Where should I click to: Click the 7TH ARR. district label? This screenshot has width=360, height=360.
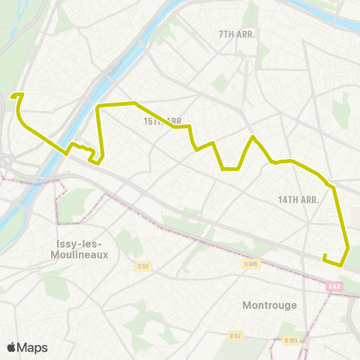pos(237,34)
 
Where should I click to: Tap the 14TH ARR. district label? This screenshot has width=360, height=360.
pos(298,199)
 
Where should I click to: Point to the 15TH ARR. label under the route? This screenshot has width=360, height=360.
pos(163,121)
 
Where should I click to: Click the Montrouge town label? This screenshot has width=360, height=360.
pos(270,305)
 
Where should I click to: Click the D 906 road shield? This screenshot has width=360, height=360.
pos(250,264)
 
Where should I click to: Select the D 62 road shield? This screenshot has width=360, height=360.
pos(235,336)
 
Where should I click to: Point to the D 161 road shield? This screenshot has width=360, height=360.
pos(291,340)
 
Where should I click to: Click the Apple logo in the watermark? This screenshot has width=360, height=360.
pos(12,347)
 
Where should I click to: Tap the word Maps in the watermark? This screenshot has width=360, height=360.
pos(33,347)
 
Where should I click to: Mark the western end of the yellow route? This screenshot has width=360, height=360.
pos(12,95)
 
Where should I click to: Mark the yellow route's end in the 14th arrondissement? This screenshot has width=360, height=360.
pos(324,258)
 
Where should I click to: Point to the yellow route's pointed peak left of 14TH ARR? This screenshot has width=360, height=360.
pos(253,136)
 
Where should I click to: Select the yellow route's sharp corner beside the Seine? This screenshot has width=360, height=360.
pos(98,107)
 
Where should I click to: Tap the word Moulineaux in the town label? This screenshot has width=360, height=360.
pos(82,254)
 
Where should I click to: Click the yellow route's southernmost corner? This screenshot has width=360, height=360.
pos(341,265)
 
